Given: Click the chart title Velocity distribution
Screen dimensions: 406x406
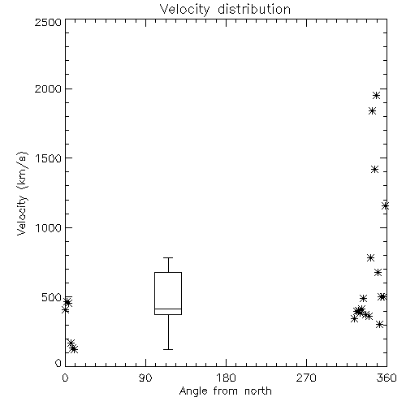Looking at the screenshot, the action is (x=225, y=10).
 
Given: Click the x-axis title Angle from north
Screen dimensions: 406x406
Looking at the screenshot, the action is (x=225, y=391).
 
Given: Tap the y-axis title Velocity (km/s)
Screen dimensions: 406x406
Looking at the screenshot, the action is (x=22, y=193).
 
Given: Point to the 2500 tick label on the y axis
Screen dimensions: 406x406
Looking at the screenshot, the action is (x=48, y=22).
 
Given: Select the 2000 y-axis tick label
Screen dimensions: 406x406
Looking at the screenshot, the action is (x=48, y=89).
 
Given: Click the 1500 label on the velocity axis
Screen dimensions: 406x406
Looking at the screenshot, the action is (x=49, y=158).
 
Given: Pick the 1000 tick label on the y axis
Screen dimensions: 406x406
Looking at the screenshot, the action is (x=49, y=227).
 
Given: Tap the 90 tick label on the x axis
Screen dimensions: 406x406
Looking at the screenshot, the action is (x=145, y=378).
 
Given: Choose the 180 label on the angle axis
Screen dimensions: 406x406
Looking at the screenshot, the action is (x=226, y=378).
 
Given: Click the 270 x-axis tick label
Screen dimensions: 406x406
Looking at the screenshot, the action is (x=306, y=378).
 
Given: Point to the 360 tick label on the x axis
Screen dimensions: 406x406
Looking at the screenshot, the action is (x=387, y=378).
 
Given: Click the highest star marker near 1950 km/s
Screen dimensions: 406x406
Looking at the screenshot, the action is (x=376, y=96).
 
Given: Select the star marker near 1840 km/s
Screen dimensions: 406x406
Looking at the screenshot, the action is (x=373, y=110).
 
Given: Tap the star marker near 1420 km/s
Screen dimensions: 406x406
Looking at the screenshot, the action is (x=374, y=170).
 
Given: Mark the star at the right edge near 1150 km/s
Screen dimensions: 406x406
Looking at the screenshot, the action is (x=385, y=206).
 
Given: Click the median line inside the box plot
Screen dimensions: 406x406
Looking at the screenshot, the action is (x=168, y=309).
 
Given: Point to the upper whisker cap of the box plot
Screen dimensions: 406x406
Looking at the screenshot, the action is (x=168, y=257).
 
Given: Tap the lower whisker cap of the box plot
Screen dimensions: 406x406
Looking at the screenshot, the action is (x=168, y=349).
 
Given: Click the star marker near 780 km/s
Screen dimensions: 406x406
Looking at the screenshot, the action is (x=371, y=257).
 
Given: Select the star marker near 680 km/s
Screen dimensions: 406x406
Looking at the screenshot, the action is (x=378, y=272).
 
